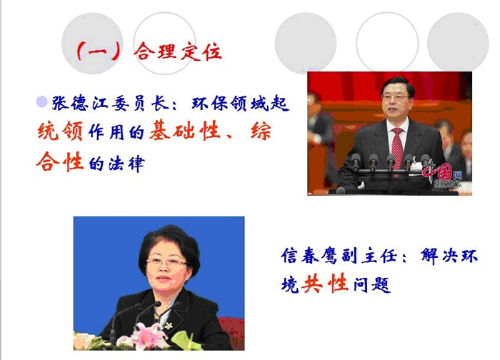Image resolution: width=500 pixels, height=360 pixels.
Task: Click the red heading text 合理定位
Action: [178, 51]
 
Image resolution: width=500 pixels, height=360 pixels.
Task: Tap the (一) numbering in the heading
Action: [99, 51]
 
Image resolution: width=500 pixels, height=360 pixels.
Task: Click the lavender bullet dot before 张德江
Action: [41, 102]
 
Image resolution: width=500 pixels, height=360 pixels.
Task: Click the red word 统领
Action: [60, 131]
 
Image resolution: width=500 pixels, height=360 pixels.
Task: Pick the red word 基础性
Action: [185, 130]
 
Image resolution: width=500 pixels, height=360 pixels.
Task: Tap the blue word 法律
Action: [126, 164]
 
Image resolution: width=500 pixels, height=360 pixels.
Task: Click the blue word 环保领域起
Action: [241, 104]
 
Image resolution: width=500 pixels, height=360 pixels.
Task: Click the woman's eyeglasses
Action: [166, 262]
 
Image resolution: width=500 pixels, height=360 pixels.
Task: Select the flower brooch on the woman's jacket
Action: [168, 325]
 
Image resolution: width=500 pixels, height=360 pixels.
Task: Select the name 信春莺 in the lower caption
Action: [309, 256]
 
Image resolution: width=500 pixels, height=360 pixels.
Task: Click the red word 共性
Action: [324, 283]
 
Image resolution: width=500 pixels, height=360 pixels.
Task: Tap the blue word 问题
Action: [372, 284]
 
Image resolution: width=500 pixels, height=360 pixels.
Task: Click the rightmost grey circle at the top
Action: [458, 43]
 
